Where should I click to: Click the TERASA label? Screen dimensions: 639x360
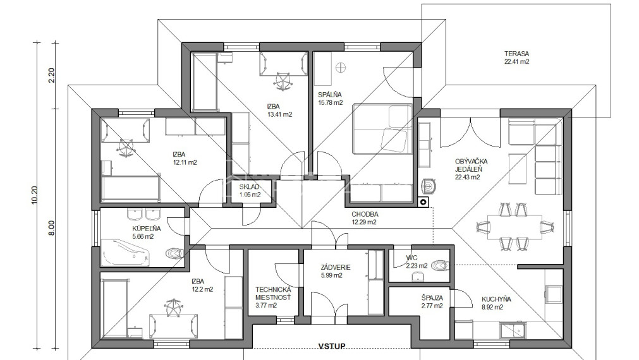point(516,53)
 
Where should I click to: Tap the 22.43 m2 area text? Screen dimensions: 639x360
point(468,177)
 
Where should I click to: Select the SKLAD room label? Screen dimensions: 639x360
point(249,187)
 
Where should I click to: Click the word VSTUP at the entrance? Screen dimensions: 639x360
point(331,346)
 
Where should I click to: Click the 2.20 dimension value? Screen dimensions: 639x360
point(52,75)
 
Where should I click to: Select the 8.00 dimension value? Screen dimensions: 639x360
point(51,228)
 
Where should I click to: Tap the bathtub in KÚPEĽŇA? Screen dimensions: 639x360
point(126,253)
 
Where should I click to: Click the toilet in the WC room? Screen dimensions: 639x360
point(439,266)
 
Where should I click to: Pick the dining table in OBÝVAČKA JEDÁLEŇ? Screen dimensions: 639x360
point(514,227)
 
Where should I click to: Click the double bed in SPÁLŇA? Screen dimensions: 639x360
point(382,129)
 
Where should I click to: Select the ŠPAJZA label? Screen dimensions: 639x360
point(432,298)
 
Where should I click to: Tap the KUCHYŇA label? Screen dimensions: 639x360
point(496,299)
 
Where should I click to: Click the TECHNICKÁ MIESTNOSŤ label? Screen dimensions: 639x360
point(273,294)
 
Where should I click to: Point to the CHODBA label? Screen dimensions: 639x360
point(365,214)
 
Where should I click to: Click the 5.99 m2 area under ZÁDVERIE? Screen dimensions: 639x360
point(331,276)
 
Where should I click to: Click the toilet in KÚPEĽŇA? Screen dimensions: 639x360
point(174,254)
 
